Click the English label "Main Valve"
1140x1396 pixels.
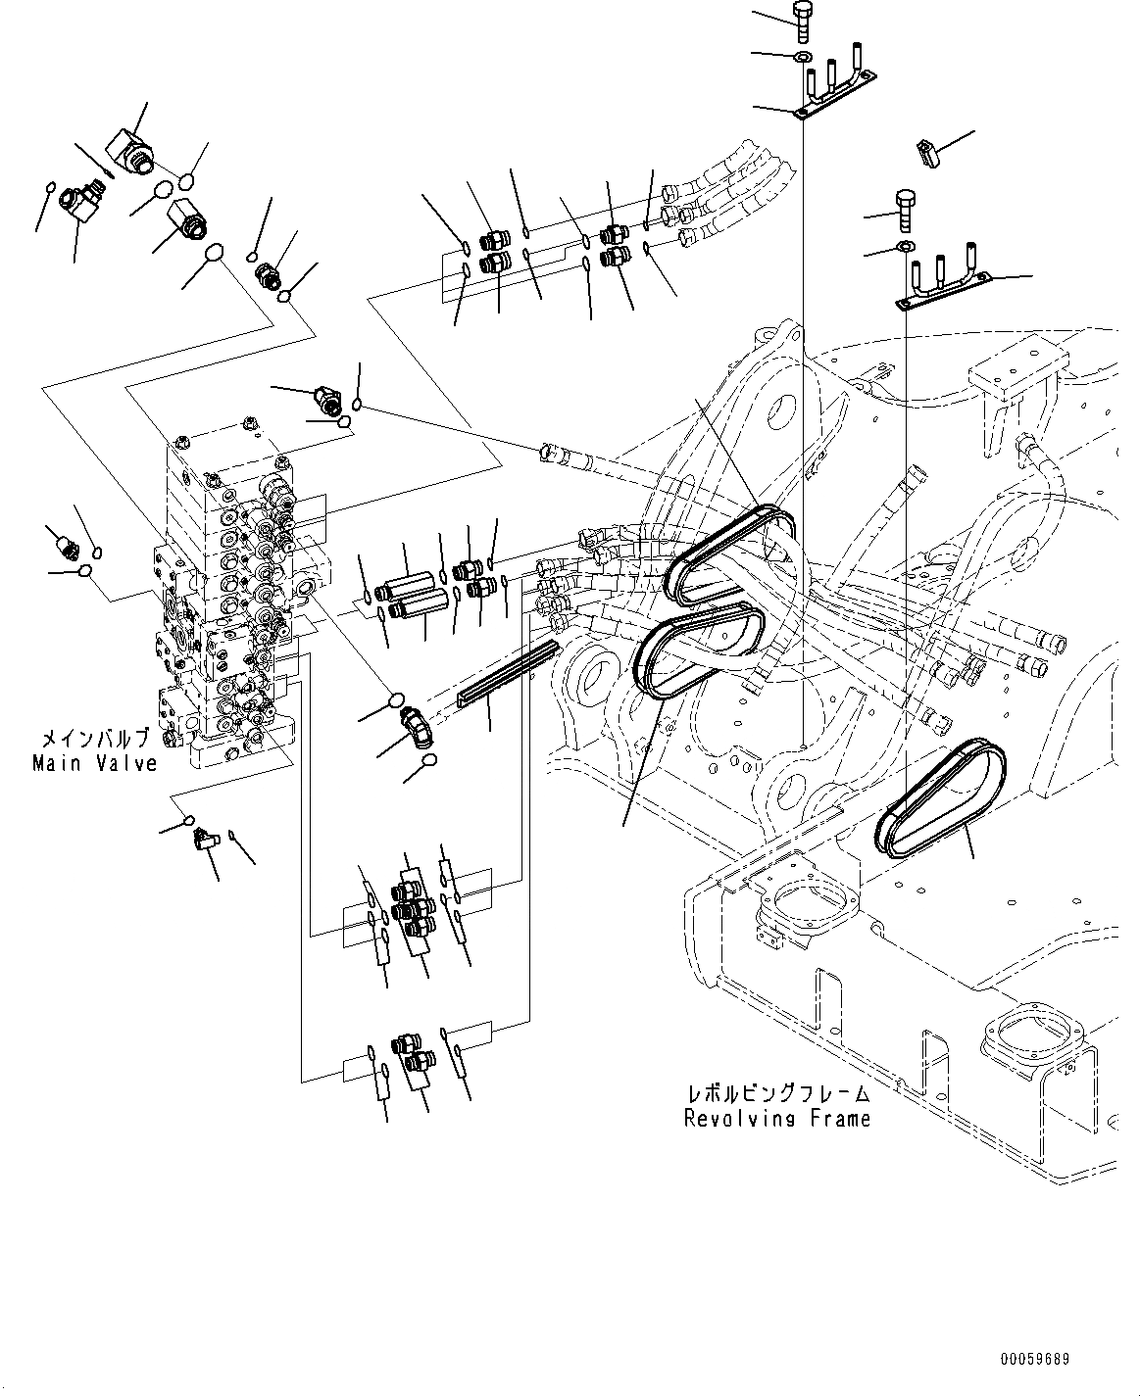click(x=95, y=763)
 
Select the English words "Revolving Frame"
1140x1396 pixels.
click(x=777, y=1118)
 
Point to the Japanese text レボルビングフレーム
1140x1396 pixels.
click(x=777, y=1093)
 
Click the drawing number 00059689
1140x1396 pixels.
click(x=1035, y=1360)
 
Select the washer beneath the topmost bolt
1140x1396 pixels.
click(x=803, y=57)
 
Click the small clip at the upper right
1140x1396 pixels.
click(x=926, y=151)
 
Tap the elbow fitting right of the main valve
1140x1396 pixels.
click(x=418, y=731)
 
